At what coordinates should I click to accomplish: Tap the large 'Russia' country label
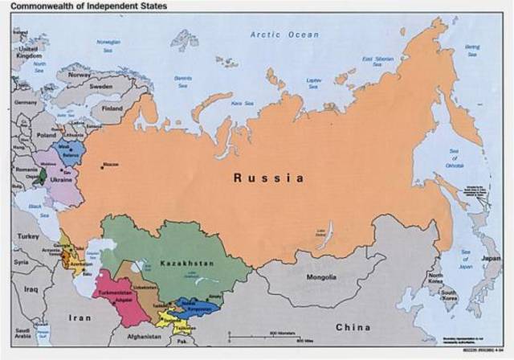pos(269,178)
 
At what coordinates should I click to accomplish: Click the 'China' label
pos(353,327)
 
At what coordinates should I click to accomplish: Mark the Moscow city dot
pos(102,167)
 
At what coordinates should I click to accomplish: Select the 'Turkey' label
pos(30,237)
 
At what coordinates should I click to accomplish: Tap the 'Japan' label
pos(490,259)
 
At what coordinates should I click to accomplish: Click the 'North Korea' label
pos(434,281)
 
